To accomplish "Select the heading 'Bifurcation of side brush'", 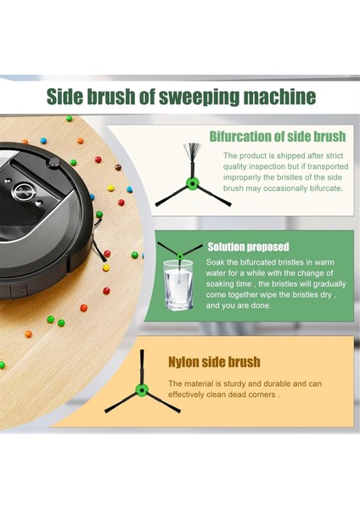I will coord(277,137).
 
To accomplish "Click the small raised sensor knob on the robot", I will coord(53,160).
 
